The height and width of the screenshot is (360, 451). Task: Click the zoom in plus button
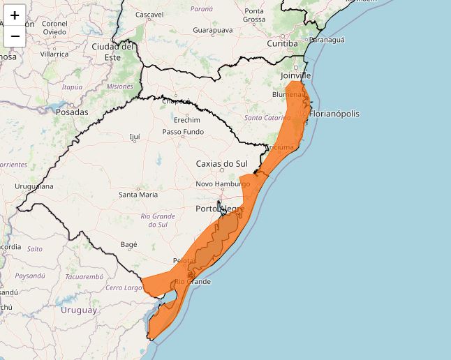[15, 15]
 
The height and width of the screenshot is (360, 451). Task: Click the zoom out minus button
[15, 36]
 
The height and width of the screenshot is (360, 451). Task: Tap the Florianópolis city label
[334, 113]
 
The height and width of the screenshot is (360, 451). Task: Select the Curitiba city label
[282, 43]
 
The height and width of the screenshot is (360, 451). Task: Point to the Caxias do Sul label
[221, 164]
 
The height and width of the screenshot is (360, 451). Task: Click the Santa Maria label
[138, 195]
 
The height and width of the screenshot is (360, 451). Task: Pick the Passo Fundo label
[183, 132]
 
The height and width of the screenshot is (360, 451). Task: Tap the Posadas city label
[72, 112]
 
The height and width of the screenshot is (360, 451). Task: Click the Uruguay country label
[79, 310]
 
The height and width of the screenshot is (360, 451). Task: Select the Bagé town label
[129, 245]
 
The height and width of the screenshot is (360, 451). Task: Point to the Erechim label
[186, 120]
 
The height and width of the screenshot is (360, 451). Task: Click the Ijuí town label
[135, 137]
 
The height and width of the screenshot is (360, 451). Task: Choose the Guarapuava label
[213, 31]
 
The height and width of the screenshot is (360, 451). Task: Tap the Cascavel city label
[149, 14]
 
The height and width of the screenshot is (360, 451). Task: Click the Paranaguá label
[328, 40]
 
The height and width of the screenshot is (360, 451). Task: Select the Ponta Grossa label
[254, 15]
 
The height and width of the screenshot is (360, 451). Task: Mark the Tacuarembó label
[84, 277]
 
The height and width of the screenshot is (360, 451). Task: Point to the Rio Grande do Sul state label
[158, 220]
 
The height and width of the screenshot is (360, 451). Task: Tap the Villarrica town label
[54, 54]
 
